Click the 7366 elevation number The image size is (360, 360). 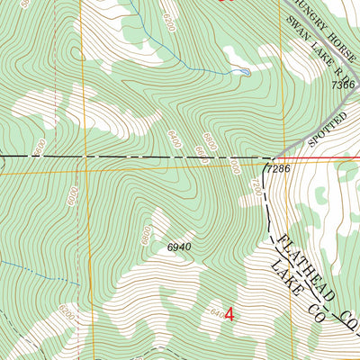click(343, 84)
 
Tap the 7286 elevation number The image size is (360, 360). click(279, 168)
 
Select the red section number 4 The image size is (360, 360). click(229, 315)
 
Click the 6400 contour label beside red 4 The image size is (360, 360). click(216, 313)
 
